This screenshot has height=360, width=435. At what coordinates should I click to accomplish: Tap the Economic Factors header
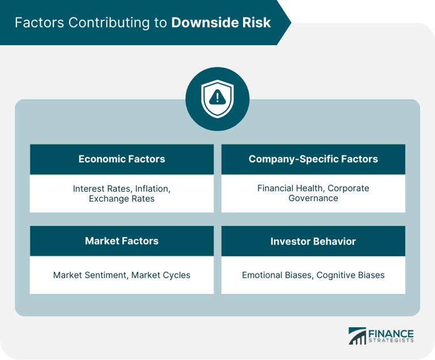coord(122,159)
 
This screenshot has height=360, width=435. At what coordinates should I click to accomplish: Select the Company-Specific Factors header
coord(313,159)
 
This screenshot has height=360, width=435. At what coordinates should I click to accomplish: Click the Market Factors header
coord(122,241)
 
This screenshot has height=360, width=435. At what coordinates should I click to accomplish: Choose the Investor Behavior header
coord(313,241)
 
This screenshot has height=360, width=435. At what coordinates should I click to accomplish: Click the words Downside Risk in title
coord(221,23)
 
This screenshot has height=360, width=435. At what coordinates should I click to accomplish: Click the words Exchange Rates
coord(122,199)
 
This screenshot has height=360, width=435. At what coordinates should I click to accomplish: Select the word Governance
coord(313,198)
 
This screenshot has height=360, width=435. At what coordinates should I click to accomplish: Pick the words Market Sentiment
coord(89,275)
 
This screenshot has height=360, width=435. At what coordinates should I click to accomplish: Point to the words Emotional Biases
coord(276,275)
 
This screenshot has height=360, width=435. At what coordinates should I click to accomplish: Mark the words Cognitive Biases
coord(351,275)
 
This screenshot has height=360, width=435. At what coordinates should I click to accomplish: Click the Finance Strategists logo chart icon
coord(357,336)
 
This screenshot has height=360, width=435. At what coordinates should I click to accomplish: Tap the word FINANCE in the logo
coord(391,333)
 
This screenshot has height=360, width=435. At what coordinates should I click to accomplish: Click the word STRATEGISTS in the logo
coord(391,341)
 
